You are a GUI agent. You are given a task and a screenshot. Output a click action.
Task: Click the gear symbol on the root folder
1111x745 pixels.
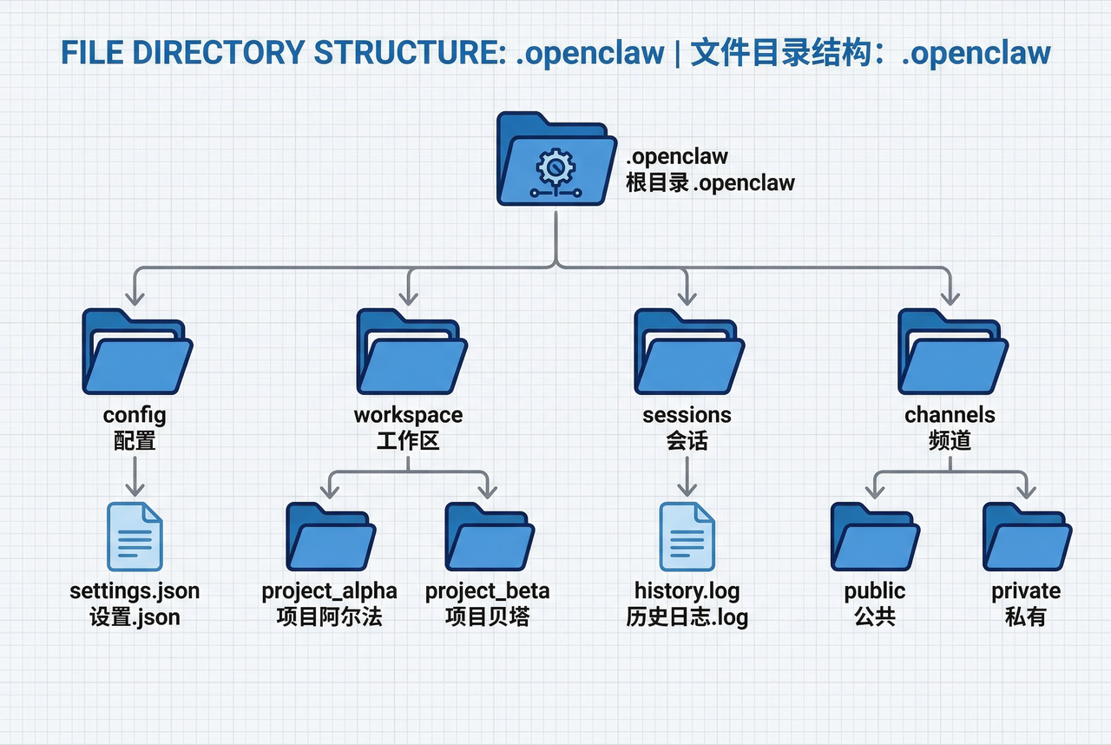point(553,165)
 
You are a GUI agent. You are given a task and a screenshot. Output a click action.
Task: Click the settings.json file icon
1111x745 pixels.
point(135,536)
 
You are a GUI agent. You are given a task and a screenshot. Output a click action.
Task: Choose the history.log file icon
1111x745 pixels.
point(687,536)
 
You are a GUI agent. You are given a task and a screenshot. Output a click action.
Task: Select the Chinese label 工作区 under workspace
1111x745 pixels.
point(408,440)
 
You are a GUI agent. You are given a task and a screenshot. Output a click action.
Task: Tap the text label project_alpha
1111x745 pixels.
point(330,591)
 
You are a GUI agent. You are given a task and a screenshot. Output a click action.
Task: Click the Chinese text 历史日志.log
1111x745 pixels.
point(687,617)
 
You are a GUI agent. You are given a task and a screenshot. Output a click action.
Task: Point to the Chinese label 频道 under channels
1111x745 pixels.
point(950,440)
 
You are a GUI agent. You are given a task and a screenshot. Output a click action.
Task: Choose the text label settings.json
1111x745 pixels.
point(135,591)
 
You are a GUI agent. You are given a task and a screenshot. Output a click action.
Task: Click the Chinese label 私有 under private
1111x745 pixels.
point(1026,617)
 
